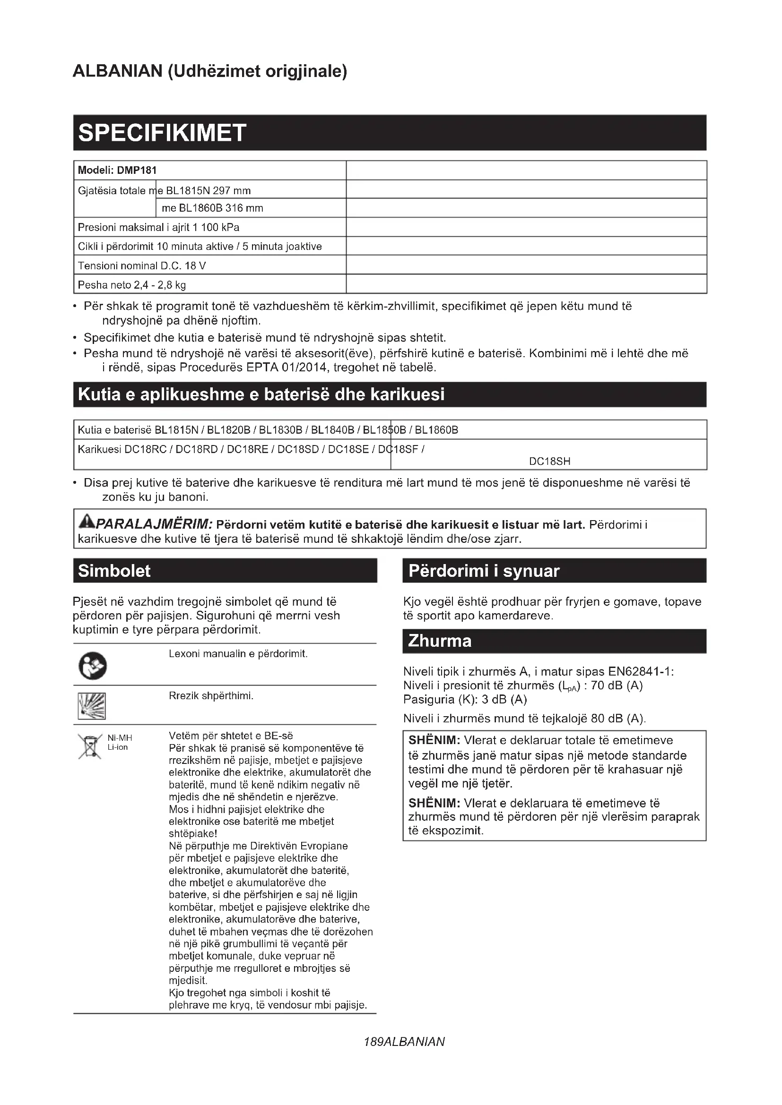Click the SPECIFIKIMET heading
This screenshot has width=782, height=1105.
[x=162, y=133]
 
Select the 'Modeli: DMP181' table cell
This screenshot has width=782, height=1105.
[x=117, y=171]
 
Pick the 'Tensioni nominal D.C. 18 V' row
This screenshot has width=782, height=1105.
[x=141, y=266]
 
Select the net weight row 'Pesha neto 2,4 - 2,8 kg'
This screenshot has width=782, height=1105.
[x=131, y=285]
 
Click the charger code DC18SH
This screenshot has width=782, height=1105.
[x=549, y=462]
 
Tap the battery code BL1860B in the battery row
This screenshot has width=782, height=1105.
[x=436, y=430]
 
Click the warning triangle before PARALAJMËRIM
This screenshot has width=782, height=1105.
[x=87, y=521]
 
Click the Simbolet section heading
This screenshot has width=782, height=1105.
[x=114, y=571]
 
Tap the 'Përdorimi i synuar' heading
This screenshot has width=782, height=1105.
[x=484, y=571]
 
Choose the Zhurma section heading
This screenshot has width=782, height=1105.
[x=439, y=641]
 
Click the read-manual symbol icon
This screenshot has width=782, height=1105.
[x=93, y=667]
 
